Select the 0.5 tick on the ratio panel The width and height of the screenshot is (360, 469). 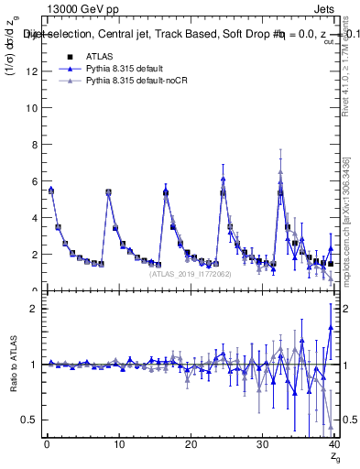(x=32, y=420)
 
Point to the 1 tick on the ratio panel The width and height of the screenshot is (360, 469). (x=37, y=364)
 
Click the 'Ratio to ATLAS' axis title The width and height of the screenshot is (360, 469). (x=12, y=364)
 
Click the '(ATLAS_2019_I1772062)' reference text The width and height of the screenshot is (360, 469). (x=190, y=274)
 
